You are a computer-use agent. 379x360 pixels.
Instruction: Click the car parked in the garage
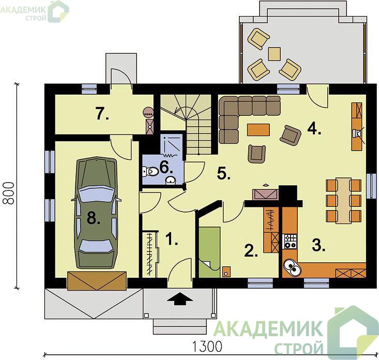pyautogui.click(x=96, y=213)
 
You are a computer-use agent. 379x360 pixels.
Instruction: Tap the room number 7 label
pyautogui.click(x=102, y=114)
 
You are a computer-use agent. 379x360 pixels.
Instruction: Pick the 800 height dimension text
pyautogui.click(x=10, y=193)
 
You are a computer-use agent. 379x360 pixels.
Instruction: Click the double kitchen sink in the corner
pyautogui.click(x=292, y=267)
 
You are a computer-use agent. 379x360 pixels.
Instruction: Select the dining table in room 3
pyautogui.click(x=344, y=201)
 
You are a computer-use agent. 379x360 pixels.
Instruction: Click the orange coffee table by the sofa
pyautogui.click(x=259, y=130)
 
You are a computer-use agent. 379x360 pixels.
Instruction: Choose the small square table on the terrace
pyautogui.click(x=275, y=54)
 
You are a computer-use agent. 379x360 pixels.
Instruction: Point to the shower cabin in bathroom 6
pyautogui.click(x=171, y=144)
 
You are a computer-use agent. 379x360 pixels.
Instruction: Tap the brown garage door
pyautogui.click(x=97, y=281)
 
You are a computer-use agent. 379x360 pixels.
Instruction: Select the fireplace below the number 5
pyautogui.click(x=265, y=194)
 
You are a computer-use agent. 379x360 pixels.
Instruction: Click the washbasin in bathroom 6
pyautogui.click(x=171, y=180)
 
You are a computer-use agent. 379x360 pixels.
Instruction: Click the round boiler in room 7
pyautogui.click(x=148, y=112)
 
